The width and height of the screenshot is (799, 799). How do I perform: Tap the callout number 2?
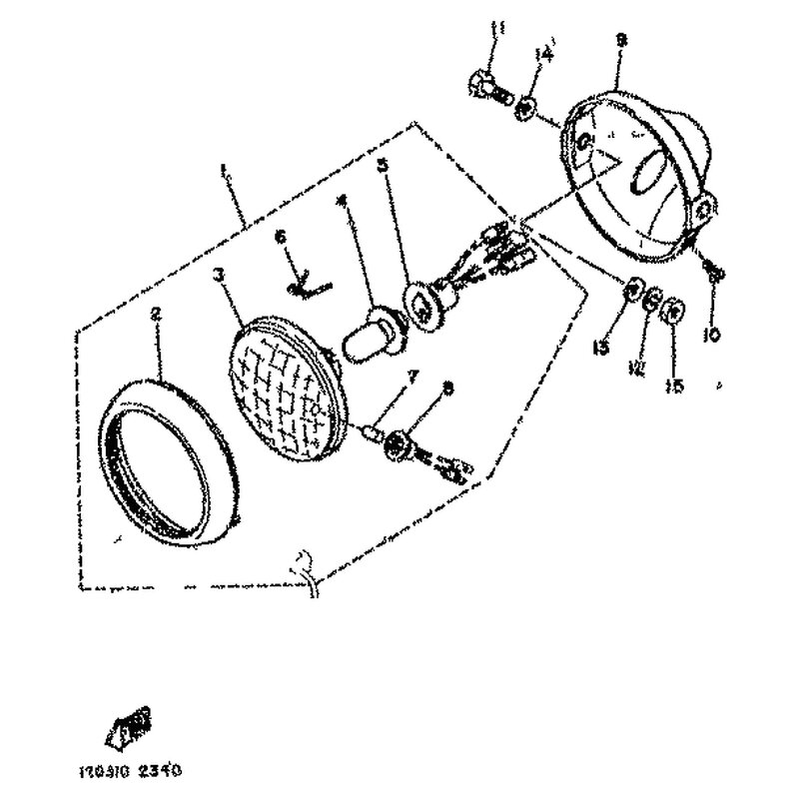156,313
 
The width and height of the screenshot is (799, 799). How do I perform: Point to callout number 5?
383,166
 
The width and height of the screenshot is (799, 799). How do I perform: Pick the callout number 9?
620,40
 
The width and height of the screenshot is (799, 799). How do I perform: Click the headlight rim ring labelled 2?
170,454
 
